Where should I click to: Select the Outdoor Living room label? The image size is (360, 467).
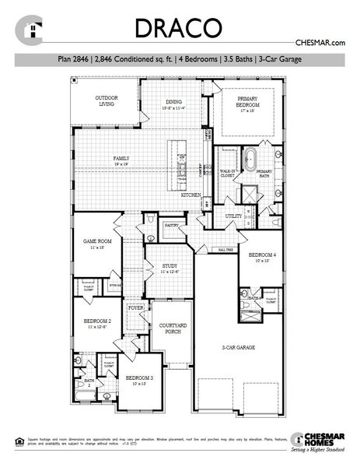coord(107,100)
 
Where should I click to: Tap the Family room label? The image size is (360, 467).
coord(121,161)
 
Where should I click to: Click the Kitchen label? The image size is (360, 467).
coord(191,195)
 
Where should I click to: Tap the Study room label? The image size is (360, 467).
coord(171,269)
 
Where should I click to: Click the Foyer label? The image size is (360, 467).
coord(137,308)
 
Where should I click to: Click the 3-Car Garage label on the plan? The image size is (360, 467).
coord(239,347)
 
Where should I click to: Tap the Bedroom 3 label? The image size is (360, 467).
coord(140,381)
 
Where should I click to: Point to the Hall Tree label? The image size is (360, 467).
coord(225,250)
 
